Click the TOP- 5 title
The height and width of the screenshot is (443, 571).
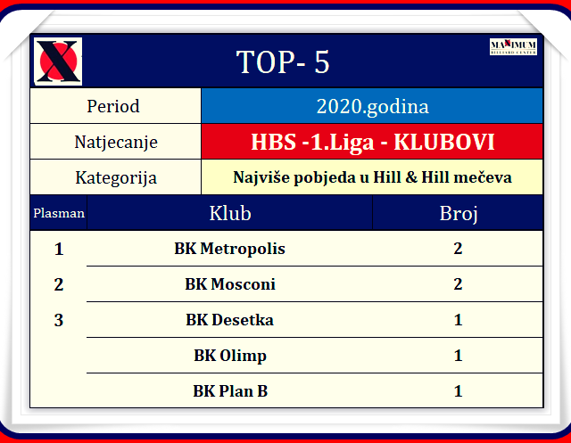pos(283,62)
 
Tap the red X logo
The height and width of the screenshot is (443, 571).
pos(58,62)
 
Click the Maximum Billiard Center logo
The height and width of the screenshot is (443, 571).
pos(513,46)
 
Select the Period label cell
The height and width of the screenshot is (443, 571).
pos(115,106)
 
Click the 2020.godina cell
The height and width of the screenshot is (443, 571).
pos(372,106)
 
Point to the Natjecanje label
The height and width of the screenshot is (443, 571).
pos(116,143)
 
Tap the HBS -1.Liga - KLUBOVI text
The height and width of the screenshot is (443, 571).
pos(373,142)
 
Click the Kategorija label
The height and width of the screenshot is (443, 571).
pos(116,178)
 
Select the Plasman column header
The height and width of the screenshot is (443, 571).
pos(59,213)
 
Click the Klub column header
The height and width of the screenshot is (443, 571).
pos(230,213)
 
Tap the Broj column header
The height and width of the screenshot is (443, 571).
pos(458,213)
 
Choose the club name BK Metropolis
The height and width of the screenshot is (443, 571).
pos(230,250)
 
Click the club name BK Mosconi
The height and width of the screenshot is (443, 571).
pos(230,284)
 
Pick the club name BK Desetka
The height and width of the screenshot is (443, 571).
pos(230,320)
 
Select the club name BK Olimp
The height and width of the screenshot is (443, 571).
pos(230,356)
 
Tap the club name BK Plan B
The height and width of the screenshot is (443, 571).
pos(230,391)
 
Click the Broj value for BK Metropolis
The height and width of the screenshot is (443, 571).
pos(458,249)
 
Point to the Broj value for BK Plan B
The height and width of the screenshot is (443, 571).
pos(458,391)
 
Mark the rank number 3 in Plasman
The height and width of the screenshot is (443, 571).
pos(59,320)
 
